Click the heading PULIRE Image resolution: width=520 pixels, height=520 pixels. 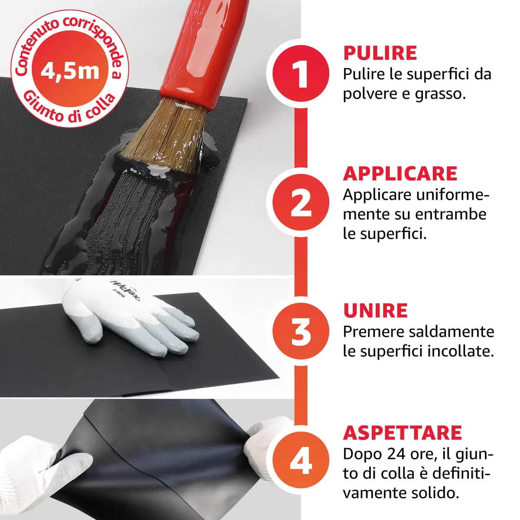[380, 53]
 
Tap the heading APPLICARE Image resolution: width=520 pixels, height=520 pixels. [400, 174]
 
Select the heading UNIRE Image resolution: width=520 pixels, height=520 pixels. [375, 311]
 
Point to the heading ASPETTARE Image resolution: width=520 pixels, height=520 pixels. [402, 433]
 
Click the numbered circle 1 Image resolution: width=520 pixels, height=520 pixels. [301, 73]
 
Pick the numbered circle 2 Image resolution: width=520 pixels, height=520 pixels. [301, 202]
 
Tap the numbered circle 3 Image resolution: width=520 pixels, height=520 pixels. [301, 331]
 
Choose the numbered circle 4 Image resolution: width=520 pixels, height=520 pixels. [301, 460]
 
